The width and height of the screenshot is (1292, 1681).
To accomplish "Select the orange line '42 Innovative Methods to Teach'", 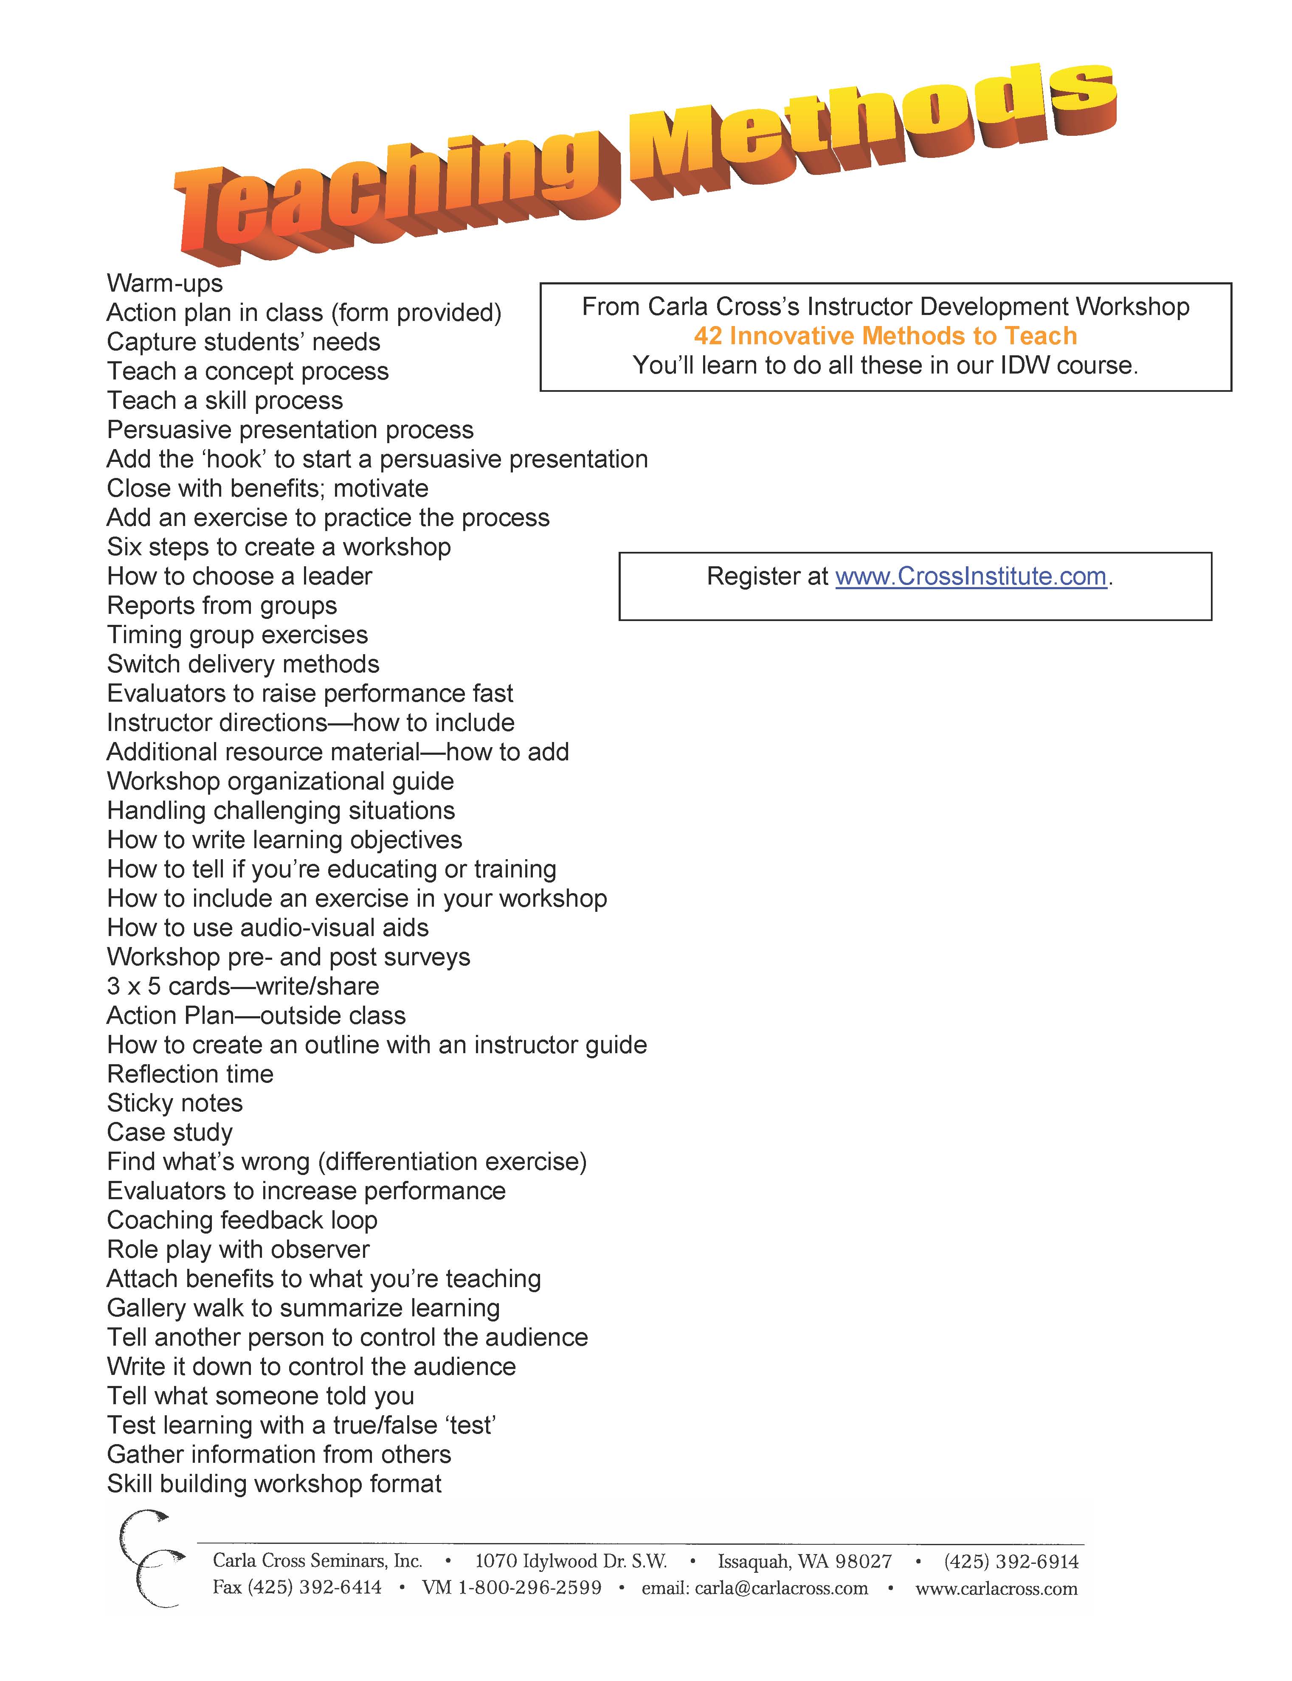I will point(885,336).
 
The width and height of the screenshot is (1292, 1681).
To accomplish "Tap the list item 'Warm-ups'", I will point(165,283).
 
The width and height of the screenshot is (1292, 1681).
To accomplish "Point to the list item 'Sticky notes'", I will point(175,1104).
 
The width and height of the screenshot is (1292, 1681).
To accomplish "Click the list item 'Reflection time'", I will point(190,1074).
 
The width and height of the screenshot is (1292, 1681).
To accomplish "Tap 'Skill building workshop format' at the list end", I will point(274,1484).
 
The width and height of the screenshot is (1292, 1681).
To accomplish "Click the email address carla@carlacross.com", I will point(780,1589).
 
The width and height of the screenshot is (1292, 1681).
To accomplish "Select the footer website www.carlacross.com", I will point(996,1589).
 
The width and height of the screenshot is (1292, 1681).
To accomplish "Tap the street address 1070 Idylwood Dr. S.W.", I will point(571,1562).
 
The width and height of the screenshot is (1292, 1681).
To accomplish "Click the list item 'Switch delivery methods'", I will point(243,664).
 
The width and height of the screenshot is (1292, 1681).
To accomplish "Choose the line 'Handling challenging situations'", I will point(281,810).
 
